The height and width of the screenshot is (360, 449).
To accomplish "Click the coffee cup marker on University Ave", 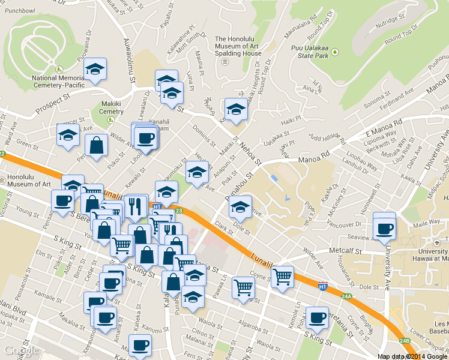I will point(384,228).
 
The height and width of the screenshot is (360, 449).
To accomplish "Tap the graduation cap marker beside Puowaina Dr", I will point(95,71).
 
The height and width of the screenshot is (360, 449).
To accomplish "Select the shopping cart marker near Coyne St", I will point(282,278).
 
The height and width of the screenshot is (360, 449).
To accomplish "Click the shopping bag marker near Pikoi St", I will point(96,145).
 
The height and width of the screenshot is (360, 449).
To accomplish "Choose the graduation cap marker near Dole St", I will point(240,207).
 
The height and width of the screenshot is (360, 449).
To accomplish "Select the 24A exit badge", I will point(346,296).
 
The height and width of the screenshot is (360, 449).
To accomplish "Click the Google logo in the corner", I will point(21,350).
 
